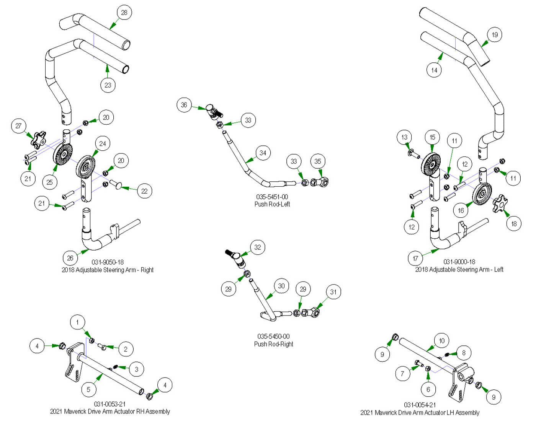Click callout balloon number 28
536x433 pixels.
click(x=124, y=13)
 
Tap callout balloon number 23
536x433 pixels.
click(x=108, y=85)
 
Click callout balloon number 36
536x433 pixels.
click(x=184, y=105)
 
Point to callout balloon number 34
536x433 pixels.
click(x=263, y=153)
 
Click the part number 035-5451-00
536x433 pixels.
click(x=272, y=197)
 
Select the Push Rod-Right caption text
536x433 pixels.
click(x=273, y=344)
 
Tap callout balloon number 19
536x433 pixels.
click(x=495, y=35)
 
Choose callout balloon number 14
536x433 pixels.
click(x=434, y=70)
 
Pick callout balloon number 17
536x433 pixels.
click(x=415, y=259)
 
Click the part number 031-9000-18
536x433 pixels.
click(x=459, y=262)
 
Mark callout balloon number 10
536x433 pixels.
click(x=442, y=340)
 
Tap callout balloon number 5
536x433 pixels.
click(x=88, y=389)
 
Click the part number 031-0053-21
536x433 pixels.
click(x=109, y=404)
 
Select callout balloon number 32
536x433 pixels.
click(x=258, y=247)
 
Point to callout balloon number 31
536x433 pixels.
click(x=333, y=292)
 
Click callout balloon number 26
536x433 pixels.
click(x=70, y=258)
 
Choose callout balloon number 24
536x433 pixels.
click(x=103, y=143)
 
